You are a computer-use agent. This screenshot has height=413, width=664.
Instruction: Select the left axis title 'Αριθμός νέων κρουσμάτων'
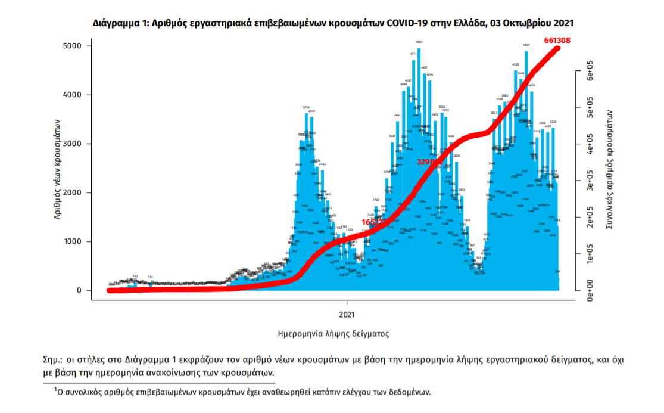point(58,168)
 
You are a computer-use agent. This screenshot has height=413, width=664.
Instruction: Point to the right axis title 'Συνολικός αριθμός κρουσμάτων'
point(609,169)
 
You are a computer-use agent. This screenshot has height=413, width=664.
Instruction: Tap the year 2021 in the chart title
point(563,23)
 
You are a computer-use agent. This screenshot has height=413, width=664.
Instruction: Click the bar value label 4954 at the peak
point(419,42)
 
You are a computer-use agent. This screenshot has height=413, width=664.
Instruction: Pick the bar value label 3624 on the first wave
point(306,107)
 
